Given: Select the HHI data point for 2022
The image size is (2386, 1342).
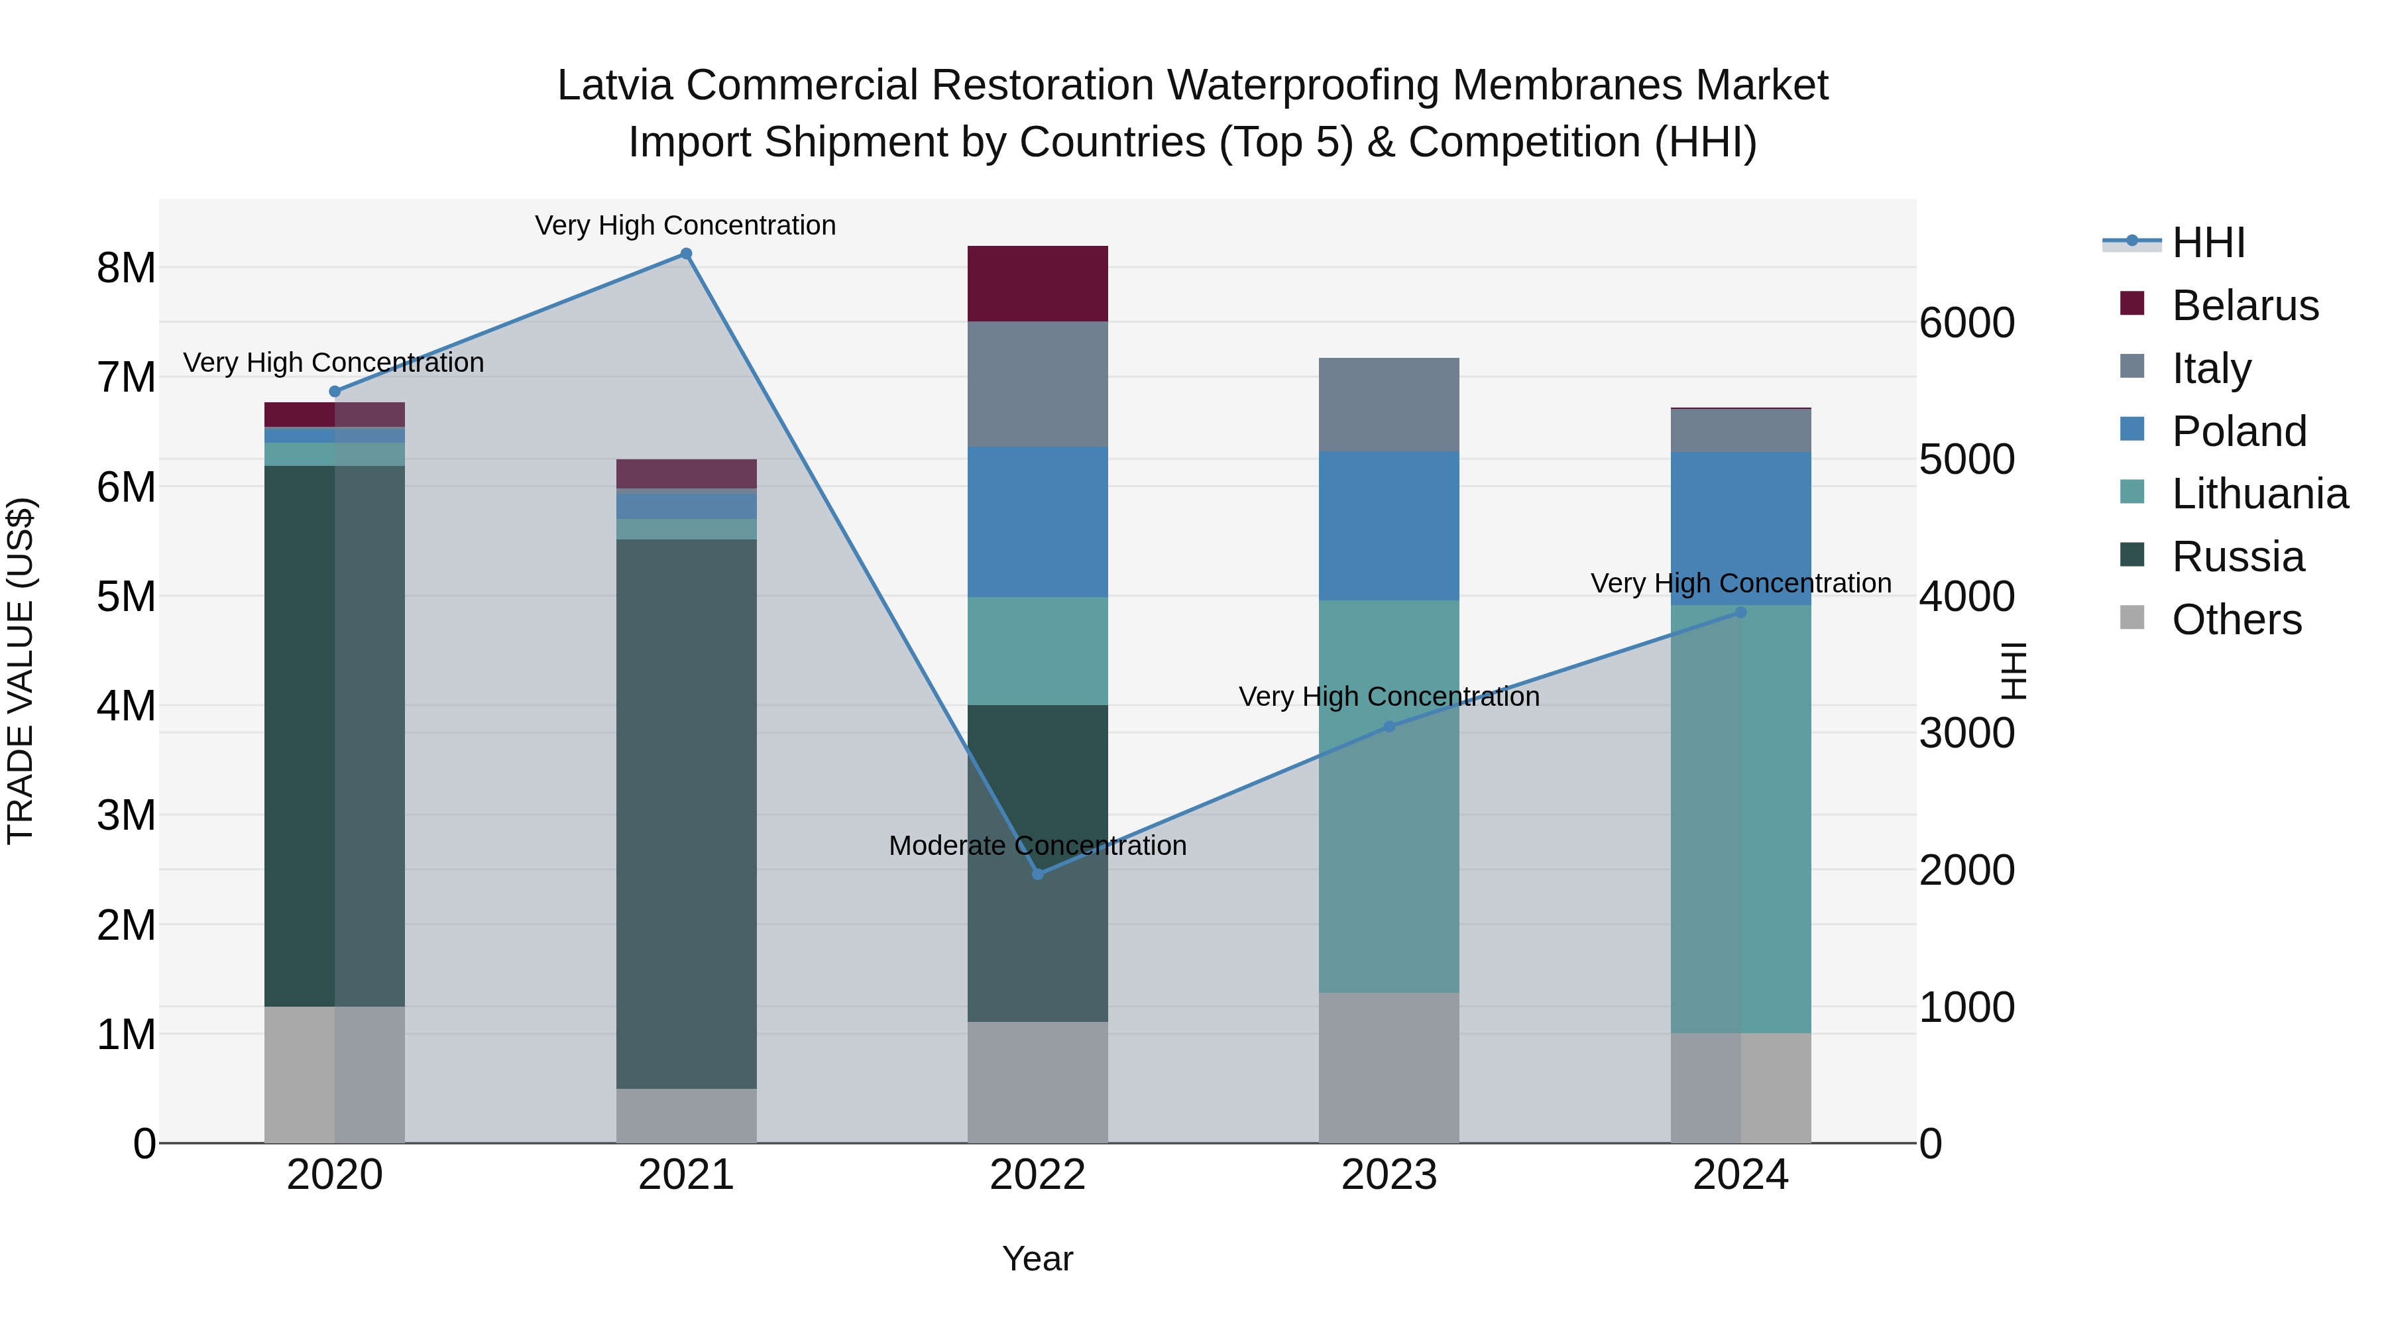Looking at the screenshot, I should pyautogui.click(x=1037, y=874).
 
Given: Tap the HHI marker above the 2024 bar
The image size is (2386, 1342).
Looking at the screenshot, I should pyautogui.click(x=1740, y=612).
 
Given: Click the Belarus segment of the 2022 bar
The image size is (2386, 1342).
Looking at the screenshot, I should pyautogui.click(x=1037, y=284).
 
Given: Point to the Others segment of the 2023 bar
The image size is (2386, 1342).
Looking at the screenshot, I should pyautogui.click(x=1389, y=1067).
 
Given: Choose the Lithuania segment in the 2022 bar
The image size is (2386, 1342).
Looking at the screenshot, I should pyautogui.click(x=1037, y=650).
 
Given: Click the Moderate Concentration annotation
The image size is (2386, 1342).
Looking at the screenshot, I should pyautogui.click(x=1037, y=846).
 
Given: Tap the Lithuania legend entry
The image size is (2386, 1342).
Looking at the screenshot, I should pyautogui.click(x=2259, y=494).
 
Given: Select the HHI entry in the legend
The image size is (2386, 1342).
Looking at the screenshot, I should pyautogui.click(x=2208, y=243).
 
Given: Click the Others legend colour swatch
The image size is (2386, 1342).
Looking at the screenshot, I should pyautogui.click(x=2132, y=618).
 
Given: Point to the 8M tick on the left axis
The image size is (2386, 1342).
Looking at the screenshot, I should pyautogui.click(x=126, y=268).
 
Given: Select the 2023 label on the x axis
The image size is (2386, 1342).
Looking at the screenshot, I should pyautogui.click(x=1389, y=1174).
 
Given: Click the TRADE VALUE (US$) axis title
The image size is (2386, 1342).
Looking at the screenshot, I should pyautogui.click(x=21, y=671).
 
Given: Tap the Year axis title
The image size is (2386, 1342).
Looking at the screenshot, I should pyautogui.click(x=1037, y=1258).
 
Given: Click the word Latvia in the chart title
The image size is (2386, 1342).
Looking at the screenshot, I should pyautogui.click(x=615, y=85).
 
